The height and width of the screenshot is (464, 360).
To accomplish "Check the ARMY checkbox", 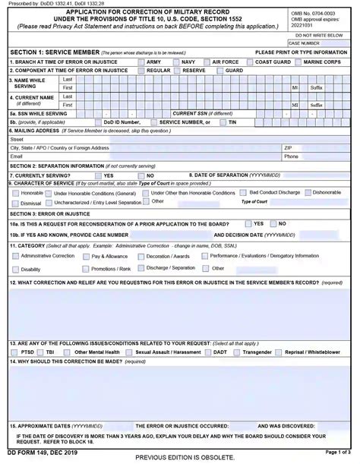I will pos(141,62).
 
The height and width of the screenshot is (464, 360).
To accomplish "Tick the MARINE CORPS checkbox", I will pos(298,62).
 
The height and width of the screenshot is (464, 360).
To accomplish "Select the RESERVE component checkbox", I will pos(178,70).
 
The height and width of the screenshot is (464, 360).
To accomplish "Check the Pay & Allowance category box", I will pos(85,257).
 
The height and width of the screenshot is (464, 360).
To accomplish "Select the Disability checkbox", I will pos(14,269).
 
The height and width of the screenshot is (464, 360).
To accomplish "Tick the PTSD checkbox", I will pos(14,352).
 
